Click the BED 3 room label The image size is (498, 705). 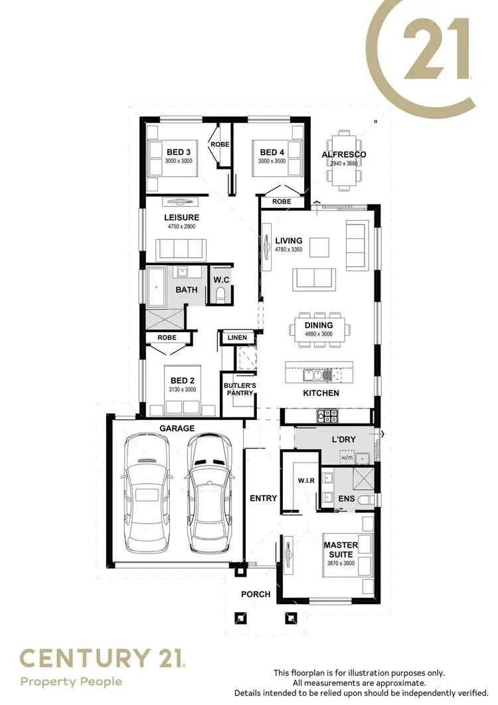point(179,152)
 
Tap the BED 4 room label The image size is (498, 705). point(272,152)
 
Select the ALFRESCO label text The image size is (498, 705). point(344,155)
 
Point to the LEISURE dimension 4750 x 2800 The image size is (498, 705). point(182,227)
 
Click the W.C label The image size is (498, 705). point(221,280)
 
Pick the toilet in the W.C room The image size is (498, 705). point(221,295)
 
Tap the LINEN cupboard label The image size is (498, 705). point(237,338)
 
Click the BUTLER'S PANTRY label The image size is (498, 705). point(238,389)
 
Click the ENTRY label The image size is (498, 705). point(263,498)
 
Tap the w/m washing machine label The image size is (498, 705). point(347,457)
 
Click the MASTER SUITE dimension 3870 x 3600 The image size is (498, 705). point(341,563)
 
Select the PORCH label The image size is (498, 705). point(256,594)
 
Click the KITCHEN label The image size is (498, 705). point(321,393)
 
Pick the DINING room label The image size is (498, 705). point(319,326)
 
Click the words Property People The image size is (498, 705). point(72,681)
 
